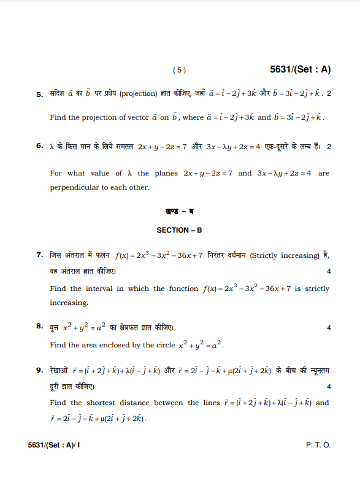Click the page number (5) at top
[x=179, y=71]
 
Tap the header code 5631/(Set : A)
[x=300, y=70]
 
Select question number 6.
[x=40, y=147]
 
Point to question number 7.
[x=40, y=255]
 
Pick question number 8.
[x=40, y=327]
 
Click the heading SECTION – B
[x=179, y=230]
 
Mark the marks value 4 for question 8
[x=329, y=328]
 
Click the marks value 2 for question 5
[x=329, y=94]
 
